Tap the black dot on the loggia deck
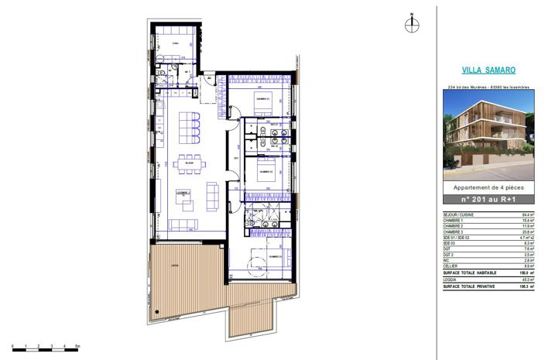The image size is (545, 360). (x=154, y=311)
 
